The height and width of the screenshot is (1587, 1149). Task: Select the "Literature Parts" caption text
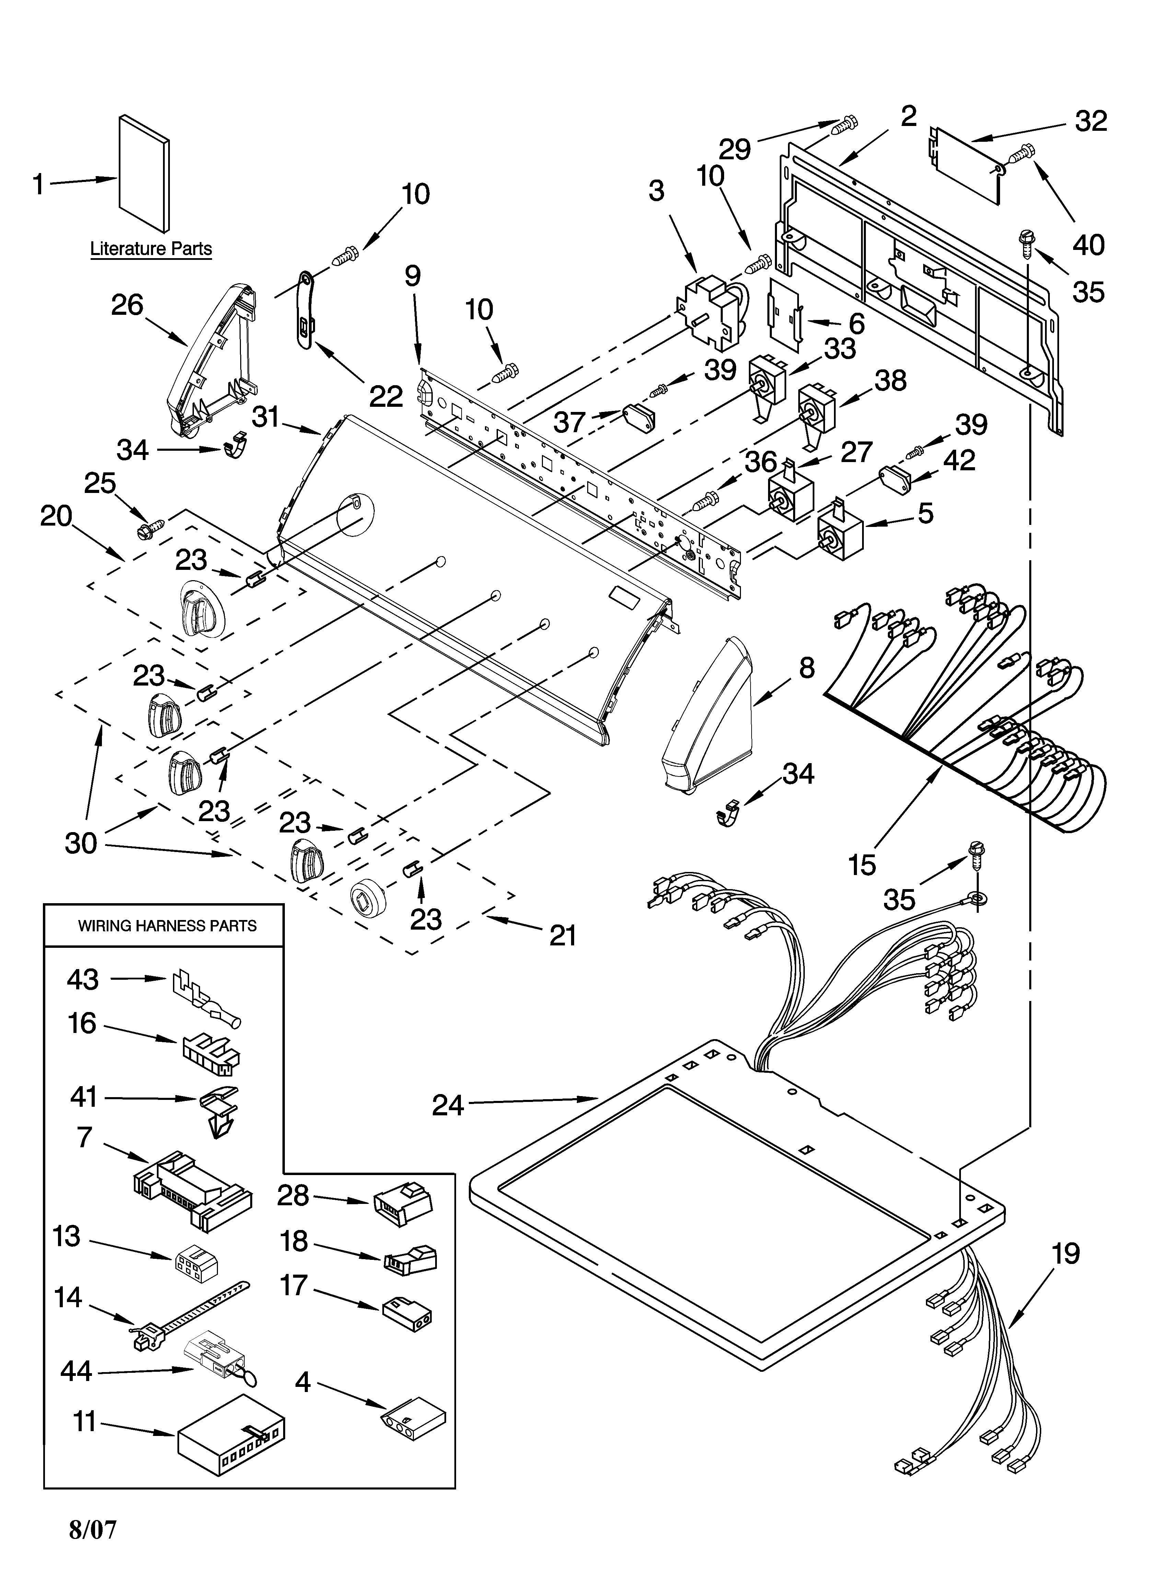click(151, 249)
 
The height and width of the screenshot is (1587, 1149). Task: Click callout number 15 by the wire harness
click(862, 865)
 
